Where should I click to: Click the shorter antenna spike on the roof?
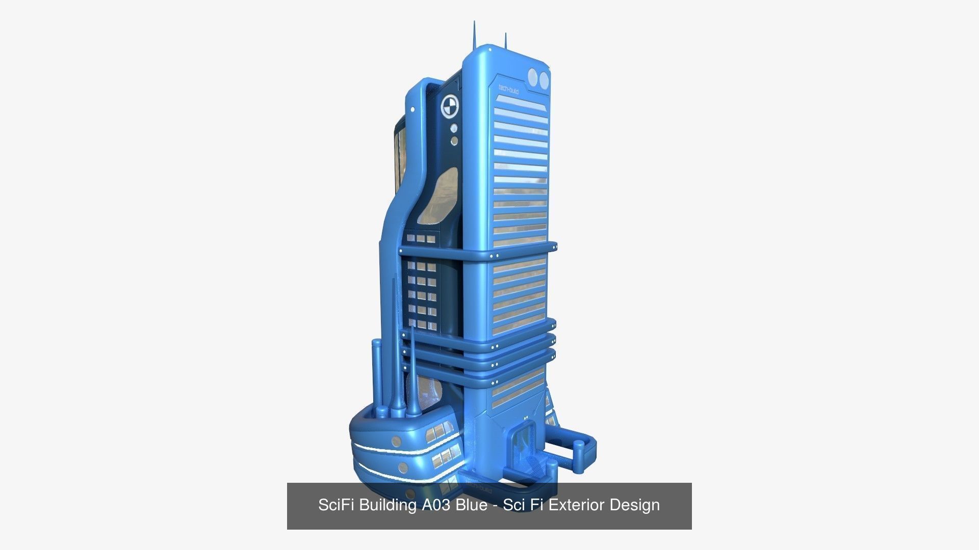[505, 40]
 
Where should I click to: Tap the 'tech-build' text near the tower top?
[508, 90]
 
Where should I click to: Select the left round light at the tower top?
[533, 78]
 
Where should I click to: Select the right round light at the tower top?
[544, 79]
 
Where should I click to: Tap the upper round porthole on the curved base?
[396, 441]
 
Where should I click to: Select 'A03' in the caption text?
[436, 505]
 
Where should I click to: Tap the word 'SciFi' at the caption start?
[337, 505]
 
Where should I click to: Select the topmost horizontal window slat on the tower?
[520, 102]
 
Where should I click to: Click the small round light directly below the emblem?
[453, 128]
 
